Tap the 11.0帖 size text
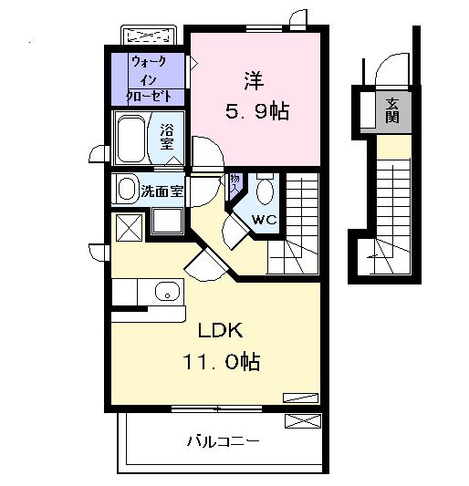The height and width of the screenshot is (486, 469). pyautogui.click(x=219, y=362)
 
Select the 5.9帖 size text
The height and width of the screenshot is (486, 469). pyautogui.click(x=256, y=111)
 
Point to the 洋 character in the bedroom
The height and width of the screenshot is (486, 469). pyautogui.click(x=255, y=79)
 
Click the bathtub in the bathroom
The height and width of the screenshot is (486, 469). pyautogui.click(x=132, y=140)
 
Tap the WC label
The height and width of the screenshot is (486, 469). pyautogui.click(x=265, y=220)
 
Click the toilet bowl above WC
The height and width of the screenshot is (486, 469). pyautogui.click(x=265, y=191)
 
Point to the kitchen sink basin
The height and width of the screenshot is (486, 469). pyautogui.click(x=165, y=292)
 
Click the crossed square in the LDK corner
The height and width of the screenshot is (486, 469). pyautogui.click(x=126, y=225)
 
